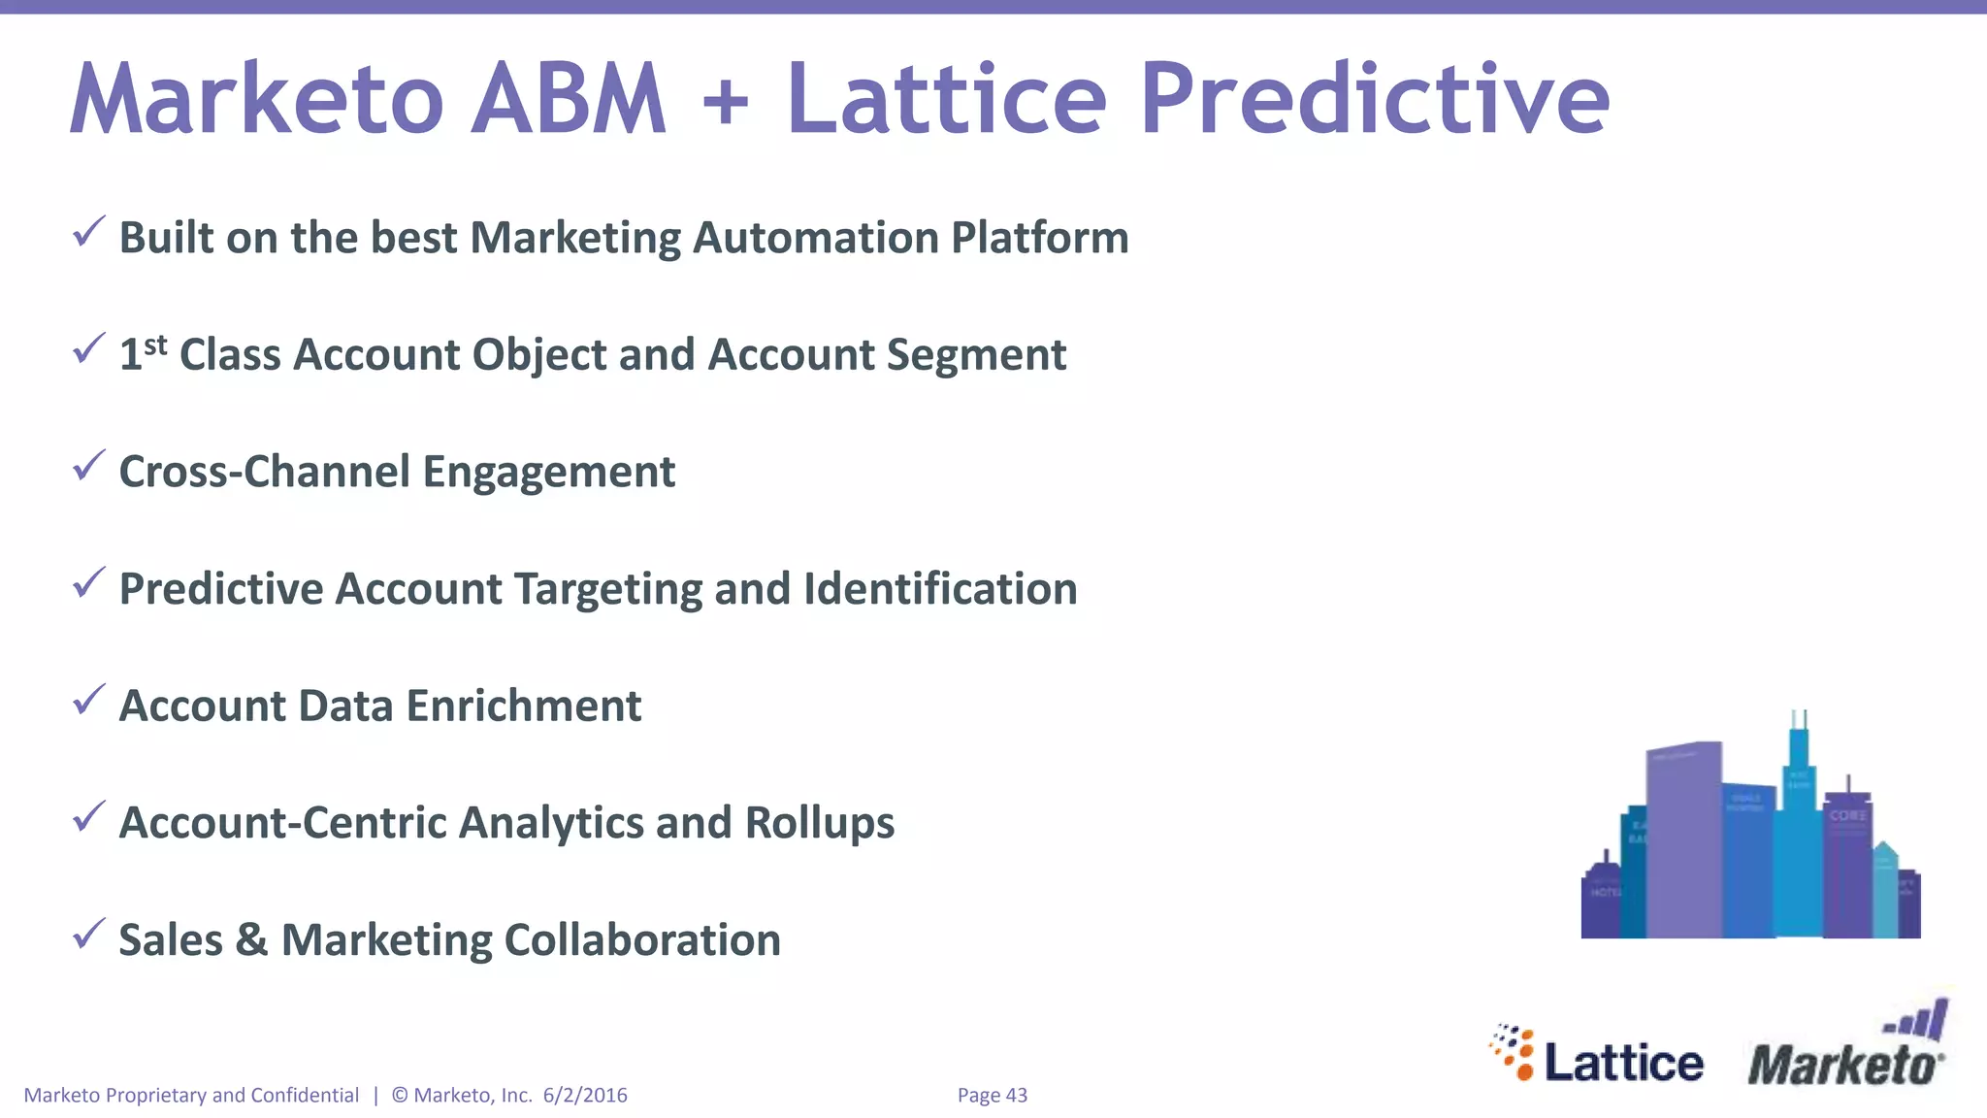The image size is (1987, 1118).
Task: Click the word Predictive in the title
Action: (x=1374, y=99)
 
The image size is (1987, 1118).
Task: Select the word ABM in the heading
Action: (x=569, y=99)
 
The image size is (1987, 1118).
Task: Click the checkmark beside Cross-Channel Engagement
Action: (x=88, y=467)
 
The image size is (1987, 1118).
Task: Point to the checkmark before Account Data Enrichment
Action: (x=88, y=700)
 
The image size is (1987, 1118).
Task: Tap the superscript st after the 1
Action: (x=155, y=345)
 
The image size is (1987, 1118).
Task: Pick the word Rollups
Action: (x=819, y=823)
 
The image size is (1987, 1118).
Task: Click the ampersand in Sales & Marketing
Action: (x=251, y=939)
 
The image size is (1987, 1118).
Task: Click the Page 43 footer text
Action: (x=992, y=1095)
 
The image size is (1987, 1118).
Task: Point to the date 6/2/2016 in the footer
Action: (x=585, y=1095)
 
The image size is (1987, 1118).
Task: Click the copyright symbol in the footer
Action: (x=400, y=1095)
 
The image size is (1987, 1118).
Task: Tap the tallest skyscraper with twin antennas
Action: (x=1799, y=835)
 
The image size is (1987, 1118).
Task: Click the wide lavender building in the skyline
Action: (x=1684, y=839)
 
